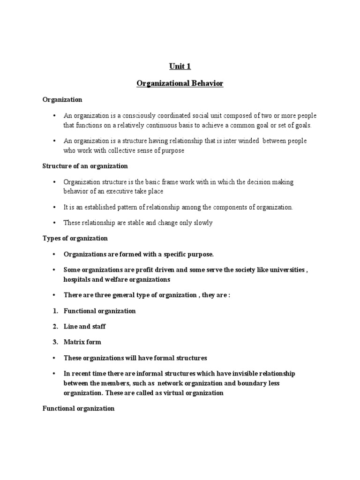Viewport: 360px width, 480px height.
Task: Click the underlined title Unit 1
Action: click(x=180, y=67)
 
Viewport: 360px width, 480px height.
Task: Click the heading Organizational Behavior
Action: click(x=180, y=83)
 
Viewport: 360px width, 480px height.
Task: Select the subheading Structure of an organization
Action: click(x=85, y=166)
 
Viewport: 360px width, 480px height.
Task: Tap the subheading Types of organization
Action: click(x=75, y=238)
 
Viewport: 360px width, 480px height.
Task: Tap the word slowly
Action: click(x=202, y=223)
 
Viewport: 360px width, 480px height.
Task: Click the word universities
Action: click(x=285, y=270)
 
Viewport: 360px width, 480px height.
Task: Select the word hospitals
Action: click(x=77, y=279)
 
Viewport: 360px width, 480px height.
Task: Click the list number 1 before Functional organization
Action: click(x=55, y=311)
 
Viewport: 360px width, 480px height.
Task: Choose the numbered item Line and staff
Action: click(x=85, y=327)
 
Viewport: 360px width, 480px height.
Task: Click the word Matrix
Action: click(x=74, y=342)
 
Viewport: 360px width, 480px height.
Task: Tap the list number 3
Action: click(x=55, y=342)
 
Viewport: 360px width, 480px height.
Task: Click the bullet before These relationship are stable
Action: click(x=54, y=223)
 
